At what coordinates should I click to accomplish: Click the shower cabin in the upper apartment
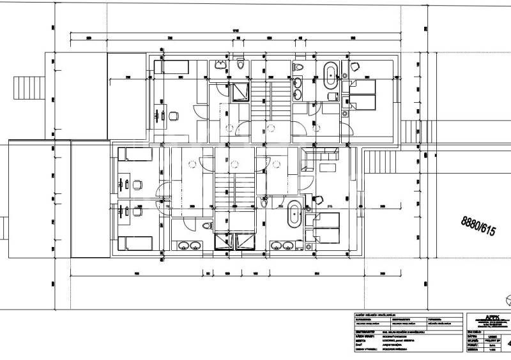click(240, 93)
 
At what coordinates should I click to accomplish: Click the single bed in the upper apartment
click(174, 66)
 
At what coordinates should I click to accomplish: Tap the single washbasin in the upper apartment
click(221, 63)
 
